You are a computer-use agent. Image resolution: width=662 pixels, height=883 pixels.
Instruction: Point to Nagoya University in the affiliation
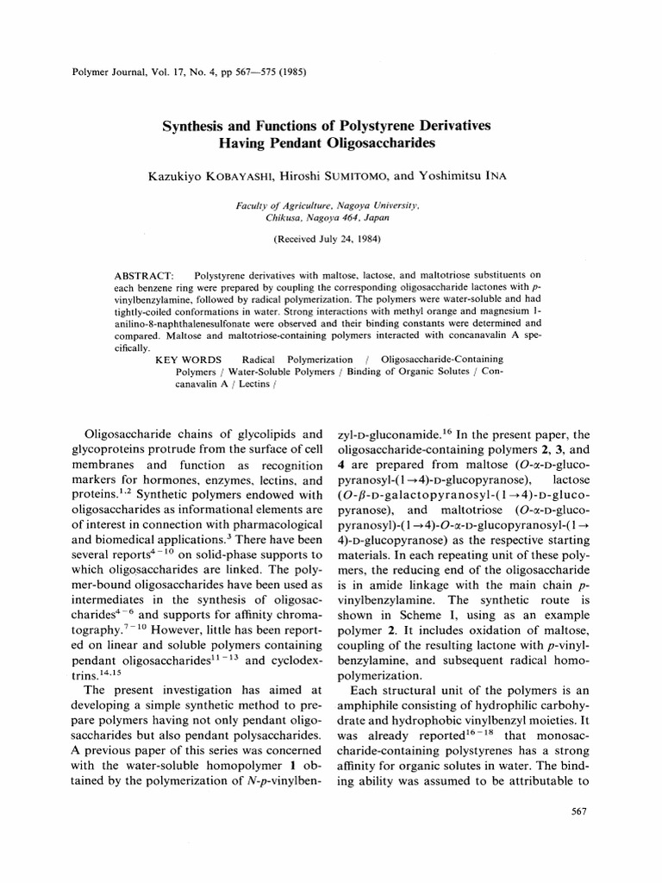[x=377, y=208]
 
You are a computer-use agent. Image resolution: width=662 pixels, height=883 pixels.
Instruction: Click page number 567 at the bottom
[x=578, y=811]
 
